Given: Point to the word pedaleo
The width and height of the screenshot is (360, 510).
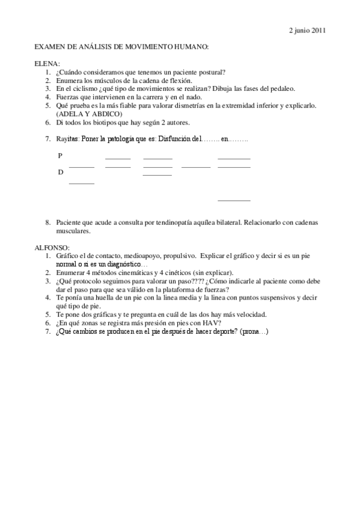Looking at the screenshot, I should click(280, 89).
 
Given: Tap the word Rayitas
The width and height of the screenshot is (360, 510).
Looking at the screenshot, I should click(68, 140).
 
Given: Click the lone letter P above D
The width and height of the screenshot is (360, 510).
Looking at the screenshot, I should click(60, 156).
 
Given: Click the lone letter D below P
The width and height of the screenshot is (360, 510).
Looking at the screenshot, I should click(60, 173).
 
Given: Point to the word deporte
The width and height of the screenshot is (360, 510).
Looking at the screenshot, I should click(222, 331).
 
